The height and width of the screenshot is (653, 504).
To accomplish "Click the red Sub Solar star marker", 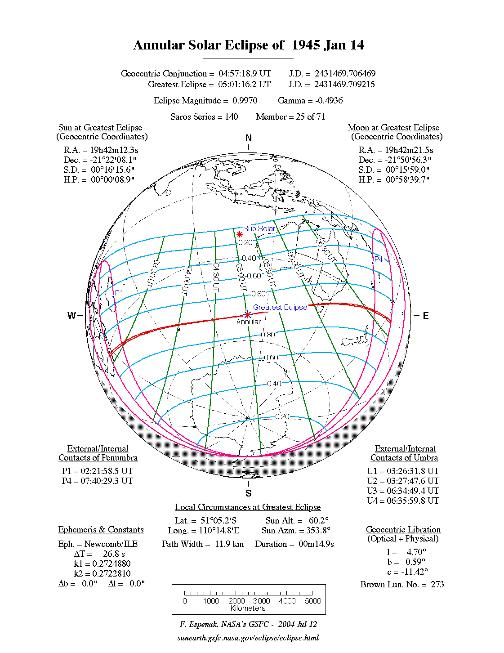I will point(240,234).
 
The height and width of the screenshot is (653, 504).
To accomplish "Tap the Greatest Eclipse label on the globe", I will point(280,307).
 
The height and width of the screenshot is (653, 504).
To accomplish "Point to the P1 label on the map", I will point(119,293).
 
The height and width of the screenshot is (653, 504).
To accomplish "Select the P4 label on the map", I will point(379,259).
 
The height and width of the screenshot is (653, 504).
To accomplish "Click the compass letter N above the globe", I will point(249,138).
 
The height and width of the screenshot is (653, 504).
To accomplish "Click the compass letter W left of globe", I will point(71,316).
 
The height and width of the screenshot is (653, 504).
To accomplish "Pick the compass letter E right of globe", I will point(425,316).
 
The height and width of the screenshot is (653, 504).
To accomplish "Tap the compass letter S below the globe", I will point(249,493).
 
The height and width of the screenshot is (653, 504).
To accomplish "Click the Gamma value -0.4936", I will point(329,101).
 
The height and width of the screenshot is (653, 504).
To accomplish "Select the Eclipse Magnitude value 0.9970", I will point(245,101).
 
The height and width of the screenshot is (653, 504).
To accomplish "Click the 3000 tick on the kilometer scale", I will point(262,601).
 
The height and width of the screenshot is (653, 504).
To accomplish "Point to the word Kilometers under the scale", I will point(248,608).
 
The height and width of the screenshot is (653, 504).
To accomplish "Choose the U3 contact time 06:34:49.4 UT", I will point(408,491).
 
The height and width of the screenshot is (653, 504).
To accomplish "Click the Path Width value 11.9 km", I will point(229,544).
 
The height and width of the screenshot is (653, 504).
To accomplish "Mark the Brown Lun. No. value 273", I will point(437,584).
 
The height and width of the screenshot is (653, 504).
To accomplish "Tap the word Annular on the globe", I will point(248,322).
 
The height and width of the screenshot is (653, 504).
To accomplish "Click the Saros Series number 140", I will point(231,117).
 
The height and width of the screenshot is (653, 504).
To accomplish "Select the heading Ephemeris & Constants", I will point(101,530).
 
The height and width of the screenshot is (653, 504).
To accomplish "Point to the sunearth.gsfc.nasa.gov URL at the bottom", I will point(248,638).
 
